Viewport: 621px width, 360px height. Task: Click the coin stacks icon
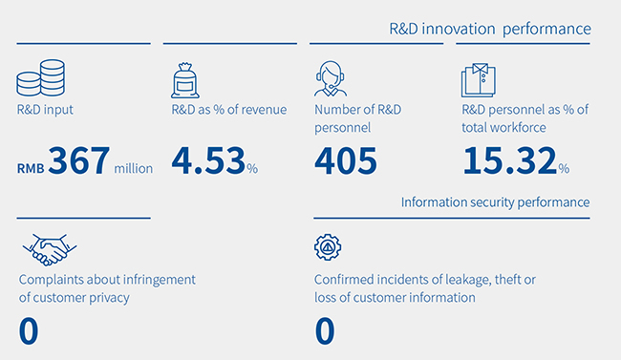(x=40, y=78)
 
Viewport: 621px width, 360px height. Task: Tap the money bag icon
(x=185, y=80)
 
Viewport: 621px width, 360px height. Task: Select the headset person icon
(x=331, y=78)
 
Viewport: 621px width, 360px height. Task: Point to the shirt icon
(x=479, y=80)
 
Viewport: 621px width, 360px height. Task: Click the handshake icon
(x=50, y=249)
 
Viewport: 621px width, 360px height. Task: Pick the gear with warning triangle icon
(x=328, y=247)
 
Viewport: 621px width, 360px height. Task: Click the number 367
(x=78, y=160)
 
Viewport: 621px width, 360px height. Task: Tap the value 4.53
(x=208, y=160)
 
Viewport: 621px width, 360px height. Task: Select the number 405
(x=345, y=160)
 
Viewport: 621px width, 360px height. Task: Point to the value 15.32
(x=510, y=160)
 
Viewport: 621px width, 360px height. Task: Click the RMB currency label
(x=31, y=169)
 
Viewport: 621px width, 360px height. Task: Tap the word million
(x=134, y=169)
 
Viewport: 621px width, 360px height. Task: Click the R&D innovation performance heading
(x=490, y=29)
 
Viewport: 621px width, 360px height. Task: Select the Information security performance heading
(x=496, y=202)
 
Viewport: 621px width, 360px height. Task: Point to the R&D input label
(x=45, y=110)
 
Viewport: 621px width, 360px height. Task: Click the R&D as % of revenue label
(x=229, y=110)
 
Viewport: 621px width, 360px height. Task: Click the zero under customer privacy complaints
(x=29, y=331)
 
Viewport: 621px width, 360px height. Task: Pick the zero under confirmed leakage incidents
(x=325, y=331)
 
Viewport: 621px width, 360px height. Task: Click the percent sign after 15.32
(x=564, y=169)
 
